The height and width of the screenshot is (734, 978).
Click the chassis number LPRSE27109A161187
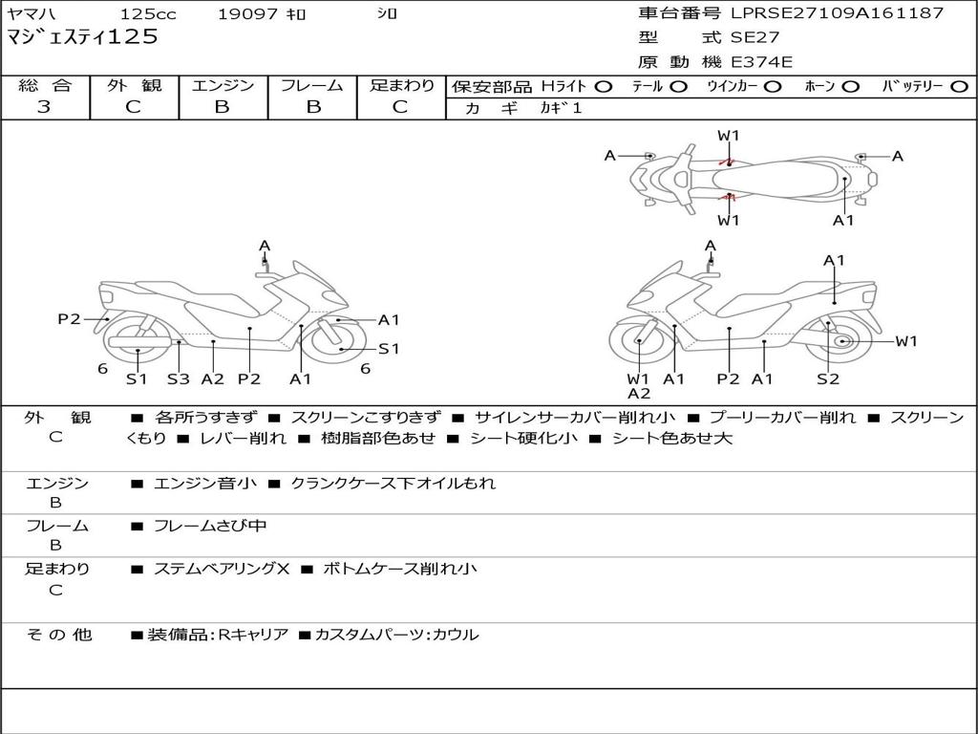point(837,13)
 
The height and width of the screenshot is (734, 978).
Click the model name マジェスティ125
point(82,37)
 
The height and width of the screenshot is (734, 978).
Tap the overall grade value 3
point(44,107)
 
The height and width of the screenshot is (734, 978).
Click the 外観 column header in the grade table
point(134,85)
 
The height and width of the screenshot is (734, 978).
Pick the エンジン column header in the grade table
point(223,85)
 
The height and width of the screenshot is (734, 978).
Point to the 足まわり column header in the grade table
point(401,85)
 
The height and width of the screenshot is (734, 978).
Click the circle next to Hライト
point(603,86)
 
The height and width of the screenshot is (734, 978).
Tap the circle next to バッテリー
point(959,86)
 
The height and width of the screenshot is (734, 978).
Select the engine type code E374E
point(762,62)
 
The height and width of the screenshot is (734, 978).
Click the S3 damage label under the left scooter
point(179,378)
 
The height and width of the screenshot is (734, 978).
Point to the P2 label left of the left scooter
point(69,319)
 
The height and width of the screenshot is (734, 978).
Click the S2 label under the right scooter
point(827,378)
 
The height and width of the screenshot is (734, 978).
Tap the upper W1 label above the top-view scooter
point(729,136)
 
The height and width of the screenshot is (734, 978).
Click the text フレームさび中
point(210,526)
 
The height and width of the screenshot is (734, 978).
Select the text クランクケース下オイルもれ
point(393,484)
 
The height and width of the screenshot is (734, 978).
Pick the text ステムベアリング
point(215,569)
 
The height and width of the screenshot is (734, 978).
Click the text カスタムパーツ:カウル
point(396,635)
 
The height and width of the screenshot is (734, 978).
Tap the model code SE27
point(755,38)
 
